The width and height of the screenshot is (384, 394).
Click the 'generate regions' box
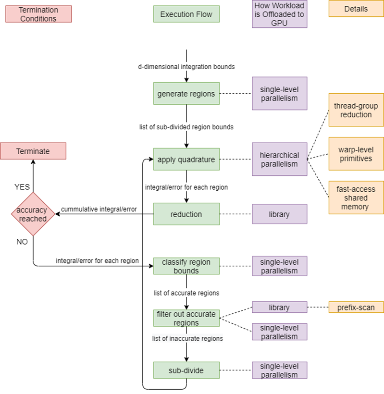[186, 94]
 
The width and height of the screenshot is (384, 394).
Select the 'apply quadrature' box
[186, 159]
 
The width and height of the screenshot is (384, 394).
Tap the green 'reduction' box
[186, 214]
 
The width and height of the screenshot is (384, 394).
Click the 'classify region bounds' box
[186, 266]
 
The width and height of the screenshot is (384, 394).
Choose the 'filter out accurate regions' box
[186, 318]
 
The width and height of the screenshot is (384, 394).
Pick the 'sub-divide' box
[186, 370]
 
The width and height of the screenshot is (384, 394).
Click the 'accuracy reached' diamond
[33, 214]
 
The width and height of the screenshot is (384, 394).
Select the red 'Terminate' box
[33, 151]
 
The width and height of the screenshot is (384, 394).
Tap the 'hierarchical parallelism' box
[279, 159]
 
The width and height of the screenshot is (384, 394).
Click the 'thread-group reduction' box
[356, 110]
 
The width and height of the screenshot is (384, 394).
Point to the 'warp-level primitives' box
[356, 154]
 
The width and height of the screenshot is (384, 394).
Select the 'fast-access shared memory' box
[356, 197]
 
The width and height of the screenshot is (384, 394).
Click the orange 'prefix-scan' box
[356, 307]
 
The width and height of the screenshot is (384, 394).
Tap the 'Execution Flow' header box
[186, 14]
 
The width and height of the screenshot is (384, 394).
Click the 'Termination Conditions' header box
[38, 14]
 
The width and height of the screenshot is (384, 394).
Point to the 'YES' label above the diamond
[22, 187]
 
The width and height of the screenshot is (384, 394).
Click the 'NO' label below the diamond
[22, 242]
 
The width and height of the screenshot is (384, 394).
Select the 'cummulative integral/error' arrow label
[99, 209]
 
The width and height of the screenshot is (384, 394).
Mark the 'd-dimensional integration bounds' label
[186, 67]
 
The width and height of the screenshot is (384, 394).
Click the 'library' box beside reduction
[279, 214]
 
